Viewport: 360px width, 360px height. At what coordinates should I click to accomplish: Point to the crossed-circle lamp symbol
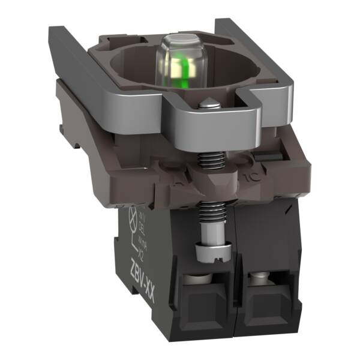click(x=134, y=218)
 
